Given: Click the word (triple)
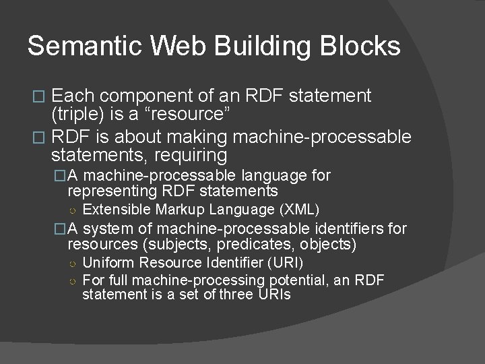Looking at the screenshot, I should point(79,114).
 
